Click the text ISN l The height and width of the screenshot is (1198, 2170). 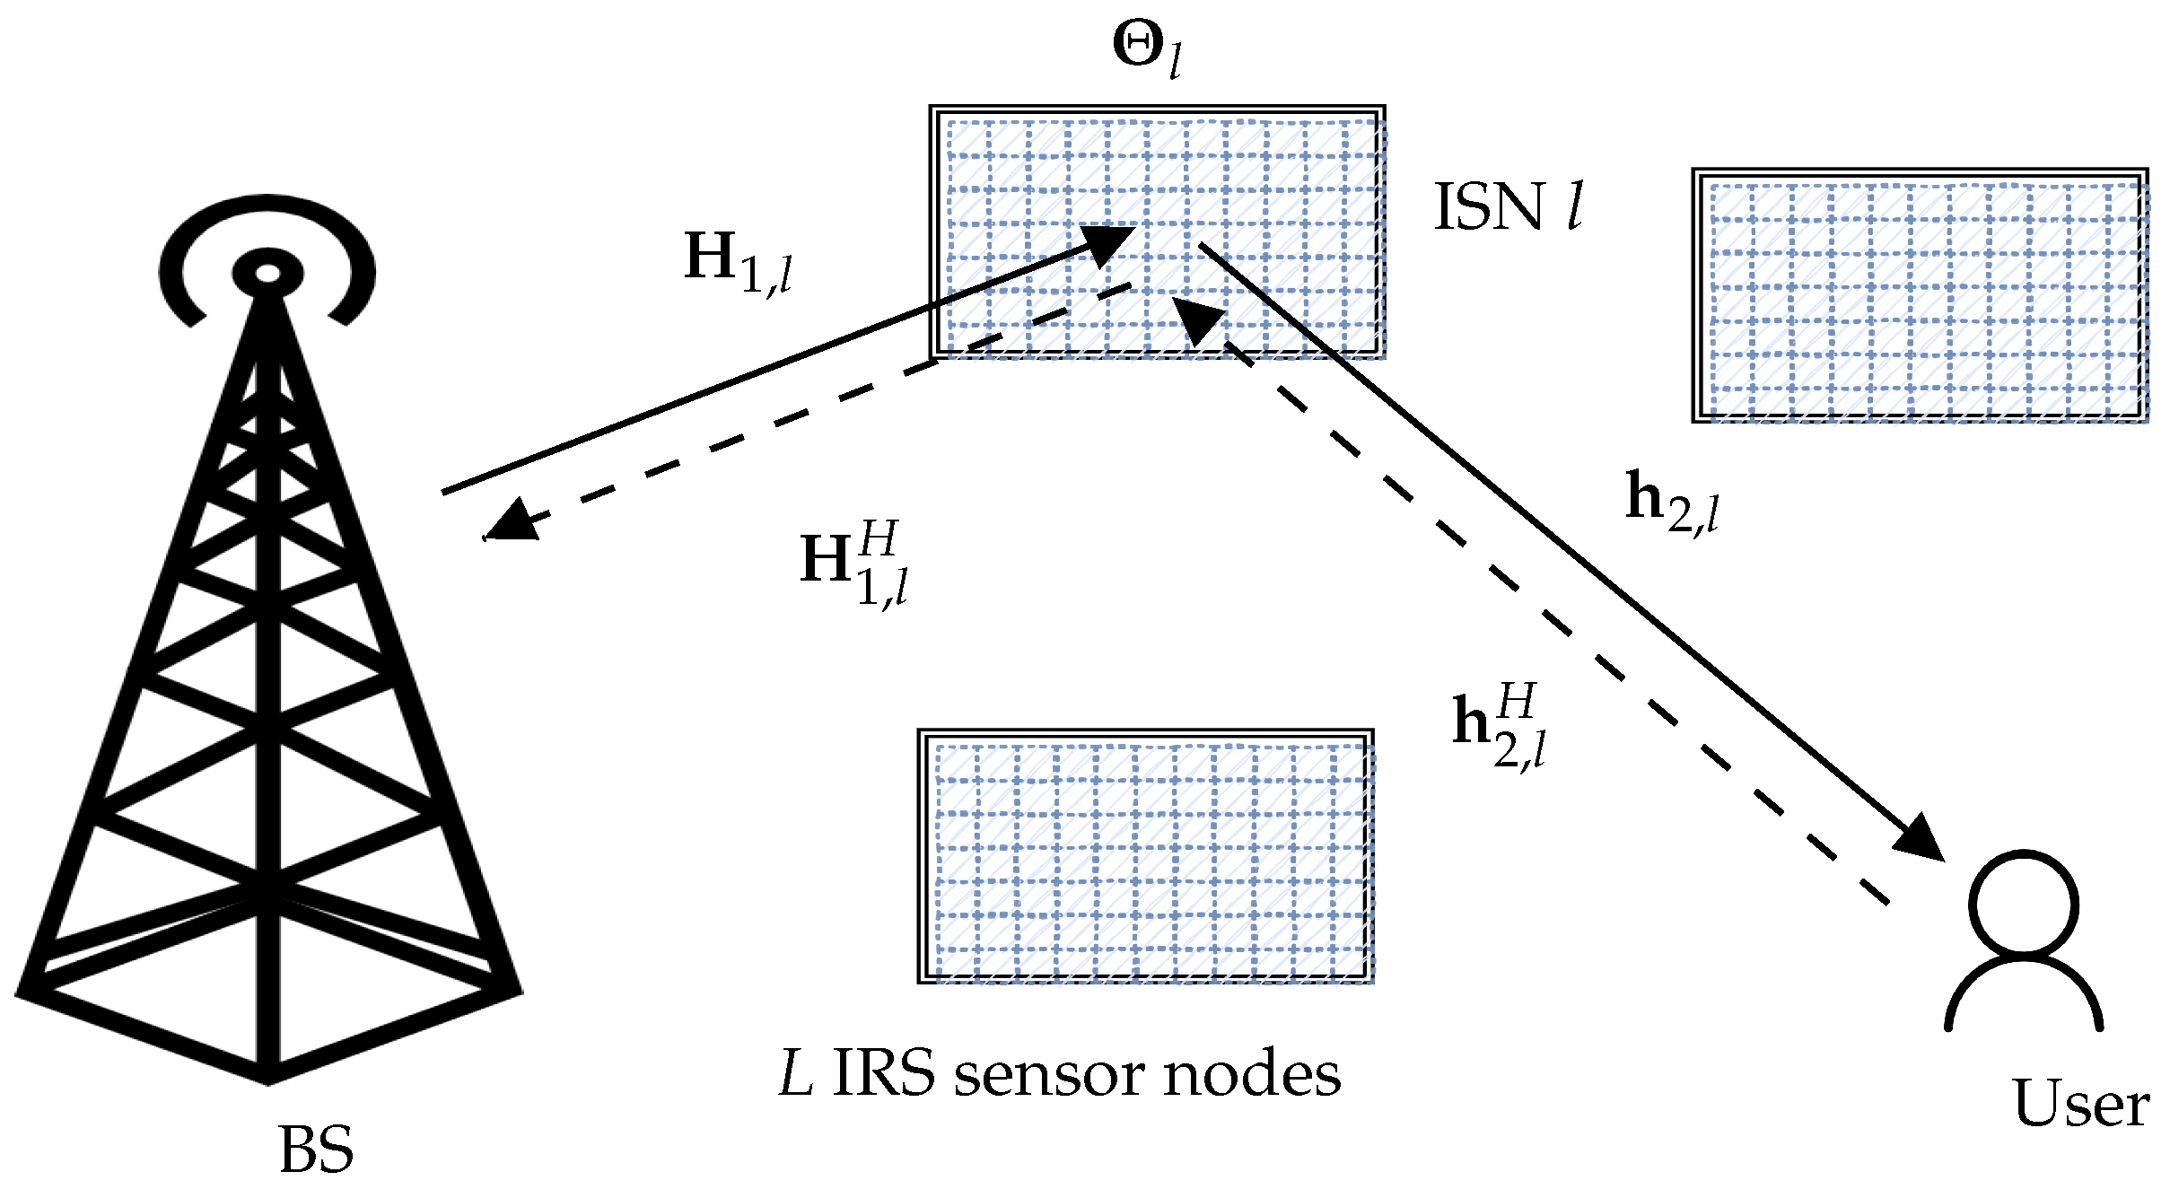tap(1508, 207)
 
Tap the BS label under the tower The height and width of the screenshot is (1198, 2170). tap(316, 1150)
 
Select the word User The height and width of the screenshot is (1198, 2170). tap(2080, 1103)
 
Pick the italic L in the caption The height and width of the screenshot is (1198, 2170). tap(796, 1074)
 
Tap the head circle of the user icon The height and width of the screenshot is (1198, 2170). tap(2024, 905)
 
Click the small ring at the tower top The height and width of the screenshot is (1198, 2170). tap(267, 274)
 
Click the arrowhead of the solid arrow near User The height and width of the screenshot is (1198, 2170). tap(1921, 839)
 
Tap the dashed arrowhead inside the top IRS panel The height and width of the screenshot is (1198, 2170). tap(1198, 319)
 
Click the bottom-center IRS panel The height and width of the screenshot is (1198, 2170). tap(1146, 857)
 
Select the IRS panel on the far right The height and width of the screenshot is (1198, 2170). tap(1921, 296)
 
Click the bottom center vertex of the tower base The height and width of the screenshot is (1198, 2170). tap(268, 1080)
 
